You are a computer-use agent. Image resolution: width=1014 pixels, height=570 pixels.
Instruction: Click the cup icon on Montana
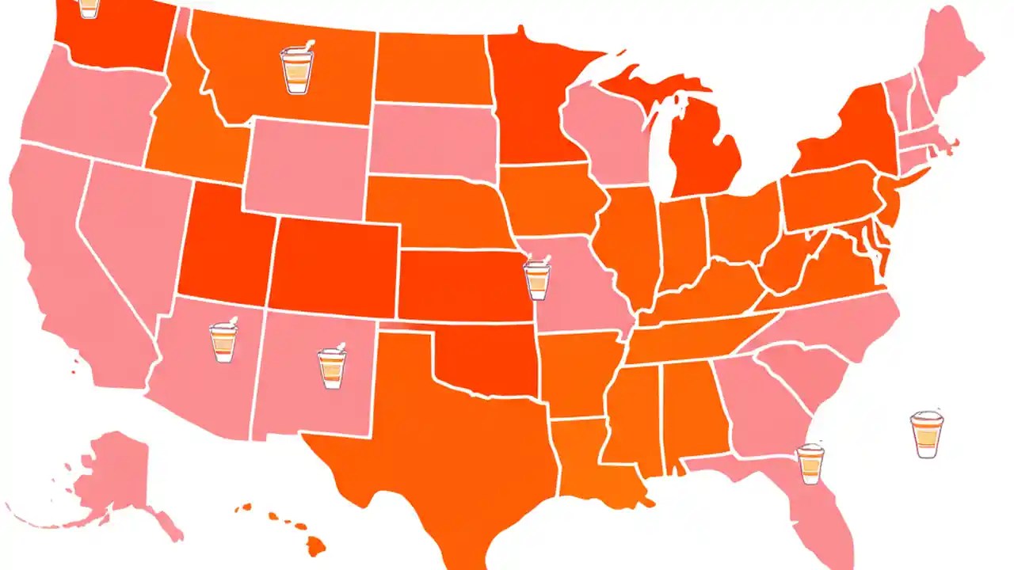click(297, 70)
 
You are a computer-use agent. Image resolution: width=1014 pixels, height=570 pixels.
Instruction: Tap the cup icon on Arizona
click(223, 341)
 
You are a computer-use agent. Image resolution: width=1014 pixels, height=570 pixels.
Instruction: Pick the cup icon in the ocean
click(926, 434)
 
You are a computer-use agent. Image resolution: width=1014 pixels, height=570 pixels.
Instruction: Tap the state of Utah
click(225, 245)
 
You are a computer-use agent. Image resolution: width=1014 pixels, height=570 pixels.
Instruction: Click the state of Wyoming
click(305, 166)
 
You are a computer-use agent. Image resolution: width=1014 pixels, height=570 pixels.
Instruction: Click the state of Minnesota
click(527, 103)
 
